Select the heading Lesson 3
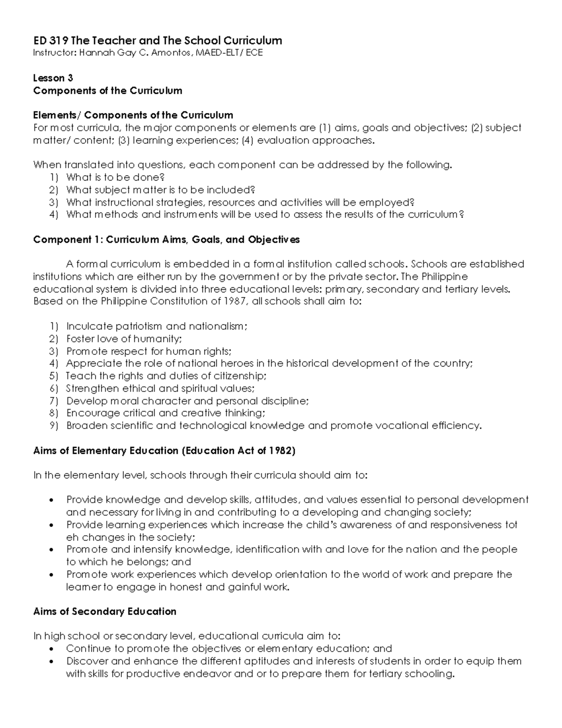point(53,78)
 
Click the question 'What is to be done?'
point(115,177)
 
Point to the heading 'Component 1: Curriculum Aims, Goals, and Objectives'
point(166,240)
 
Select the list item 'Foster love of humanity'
point(124,338)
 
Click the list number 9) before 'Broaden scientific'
point(53,426)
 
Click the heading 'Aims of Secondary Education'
point(104,611)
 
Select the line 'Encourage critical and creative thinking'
point(165,413)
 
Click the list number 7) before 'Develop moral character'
point(53,401)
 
